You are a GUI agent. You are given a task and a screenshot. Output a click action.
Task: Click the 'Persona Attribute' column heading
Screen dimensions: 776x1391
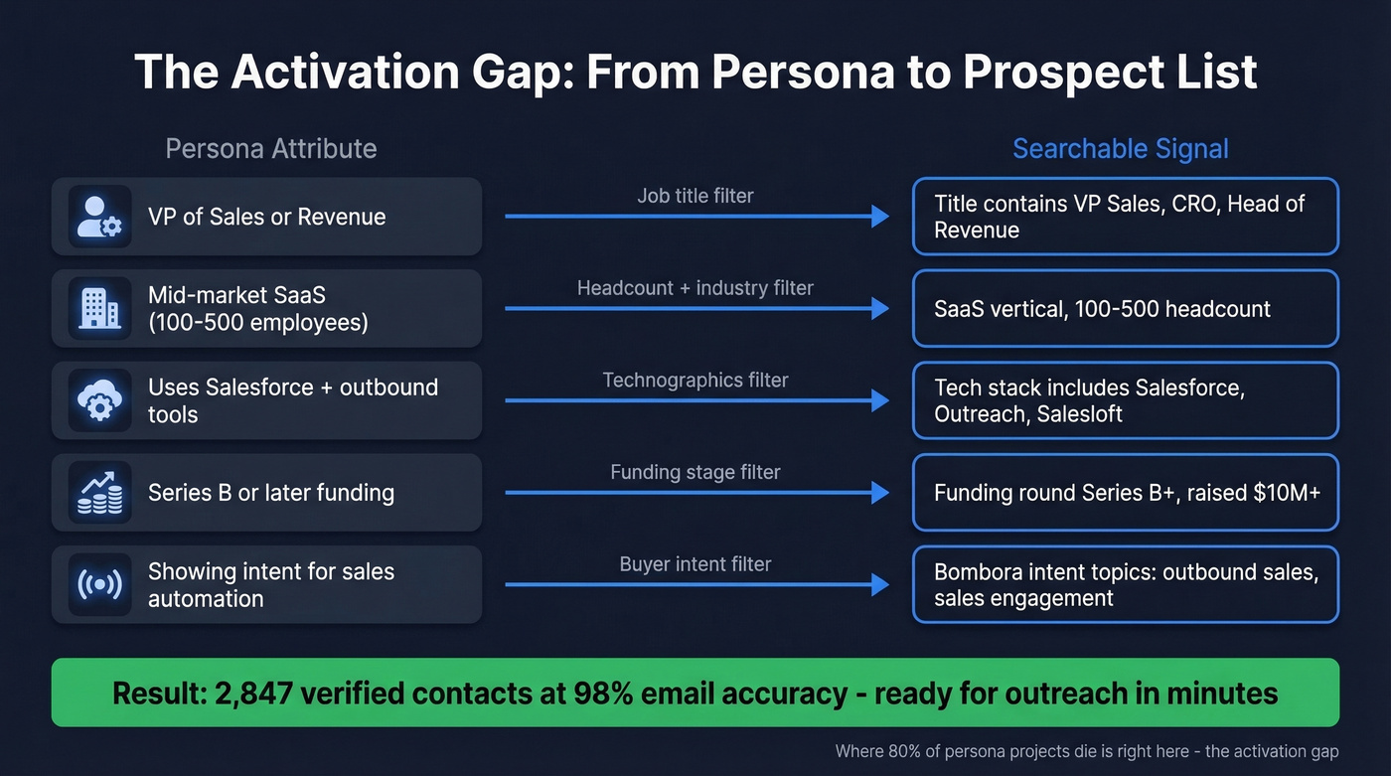[x=270, y=149]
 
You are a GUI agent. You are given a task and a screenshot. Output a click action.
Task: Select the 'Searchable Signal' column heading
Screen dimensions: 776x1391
[x=1120, y=149]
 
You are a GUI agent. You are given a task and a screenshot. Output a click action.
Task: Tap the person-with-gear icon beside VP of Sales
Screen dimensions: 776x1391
[x=99, y=217]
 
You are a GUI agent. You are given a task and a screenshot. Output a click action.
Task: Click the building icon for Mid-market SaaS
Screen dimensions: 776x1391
[x=99, y=309]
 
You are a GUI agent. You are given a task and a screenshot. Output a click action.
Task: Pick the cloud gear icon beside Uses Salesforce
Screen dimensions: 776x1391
[x=99, y=400]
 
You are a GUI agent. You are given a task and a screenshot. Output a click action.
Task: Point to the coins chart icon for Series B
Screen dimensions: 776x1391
[x=99, y=493]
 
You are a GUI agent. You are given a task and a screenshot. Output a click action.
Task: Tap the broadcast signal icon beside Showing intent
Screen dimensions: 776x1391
[x=99, y=584]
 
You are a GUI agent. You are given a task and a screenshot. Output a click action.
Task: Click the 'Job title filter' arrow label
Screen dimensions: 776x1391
[x=695, y=196]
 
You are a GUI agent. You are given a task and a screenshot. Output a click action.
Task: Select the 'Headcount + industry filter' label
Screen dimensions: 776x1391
[x=695, y=288]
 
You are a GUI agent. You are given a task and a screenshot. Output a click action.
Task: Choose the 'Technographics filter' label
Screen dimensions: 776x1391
[x=695, y=380]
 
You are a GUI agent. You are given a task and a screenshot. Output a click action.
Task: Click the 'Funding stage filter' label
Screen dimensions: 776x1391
[x=695, y=472]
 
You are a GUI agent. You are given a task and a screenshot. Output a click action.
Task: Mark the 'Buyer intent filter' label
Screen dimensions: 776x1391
[x=695, y=564]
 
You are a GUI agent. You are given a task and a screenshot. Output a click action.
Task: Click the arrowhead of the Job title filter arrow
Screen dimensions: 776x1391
[x=879, y=217]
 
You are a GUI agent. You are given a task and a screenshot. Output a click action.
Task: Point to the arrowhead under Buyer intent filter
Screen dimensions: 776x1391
[x=879, y=584]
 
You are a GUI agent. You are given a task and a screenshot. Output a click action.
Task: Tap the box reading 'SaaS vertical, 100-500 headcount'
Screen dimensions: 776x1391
[x=1125, y=309]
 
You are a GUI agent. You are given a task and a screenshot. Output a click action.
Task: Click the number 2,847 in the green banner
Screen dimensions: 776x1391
[x=254, y=693]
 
